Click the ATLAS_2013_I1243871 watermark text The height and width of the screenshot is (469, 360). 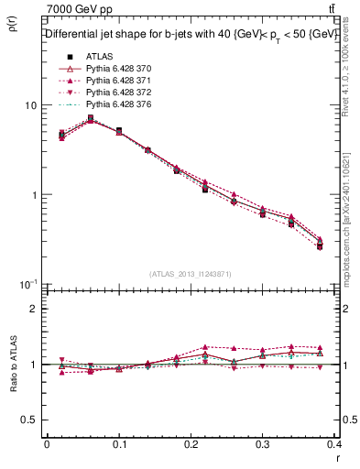pyautogui.click(x=191, y=274)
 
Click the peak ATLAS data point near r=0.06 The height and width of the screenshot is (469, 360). pyautogui.click(x=90, y=118)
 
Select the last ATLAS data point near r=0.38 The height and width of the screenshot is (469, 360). pyautogui.click(x=320, y=246)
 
